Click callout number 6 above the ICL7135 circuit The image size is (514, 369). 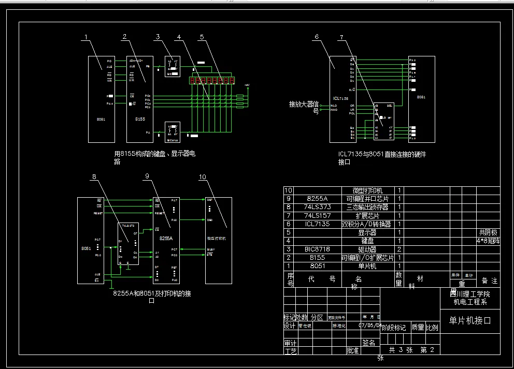click(x=317, y=36)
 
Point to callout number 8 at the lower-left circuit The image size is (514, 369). click(x=94, y=177)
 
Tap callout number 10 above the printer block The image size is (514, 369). click(x=203, y=177)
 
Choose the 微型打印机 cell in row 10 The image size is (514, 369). click(x=367, y=190)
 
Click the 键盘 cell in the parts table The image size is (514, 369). click(x=367, y=241)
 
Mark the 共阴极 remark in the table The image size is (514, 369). click(x=488, y=232)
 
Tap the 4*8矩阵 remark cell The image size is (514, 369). click(x=488, y=241)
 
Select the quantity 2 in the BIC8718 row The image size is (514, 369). click(x=399, y=249)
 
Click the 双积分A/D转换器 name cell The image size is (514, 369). click(x=366, y=224)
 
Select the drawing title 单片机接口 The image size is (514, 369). click(x=469, y=320)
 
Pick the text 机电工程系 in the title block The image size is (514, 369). click(x=470, y=302)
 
